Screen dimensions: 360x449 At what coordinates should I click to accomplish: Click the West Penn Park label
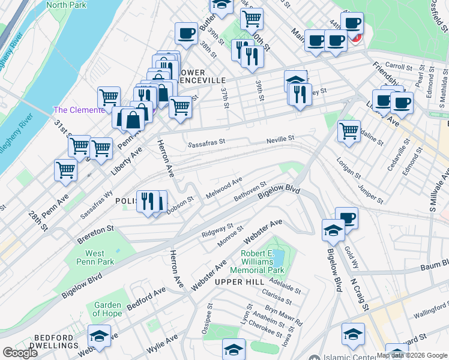point(99,257)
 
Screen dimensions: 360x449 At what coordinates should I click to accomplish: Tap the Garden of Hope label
point(107,309)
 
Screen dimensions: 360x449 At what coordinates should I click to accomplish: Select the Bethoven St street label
point(250,192)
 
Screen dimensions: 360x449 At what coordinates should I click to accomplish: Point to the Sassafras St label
point(205,144)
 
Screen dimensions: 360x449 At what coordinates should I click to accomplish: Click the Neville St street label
point(280,139)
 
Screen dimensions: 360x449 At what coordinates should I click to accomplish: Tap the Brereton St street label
point(95,229)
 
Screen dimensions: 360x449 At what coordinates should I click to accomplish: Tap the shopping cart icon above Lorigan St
point(348,130)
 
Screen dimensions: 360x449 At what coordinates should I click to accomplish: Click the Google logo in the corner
point(20,353)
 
